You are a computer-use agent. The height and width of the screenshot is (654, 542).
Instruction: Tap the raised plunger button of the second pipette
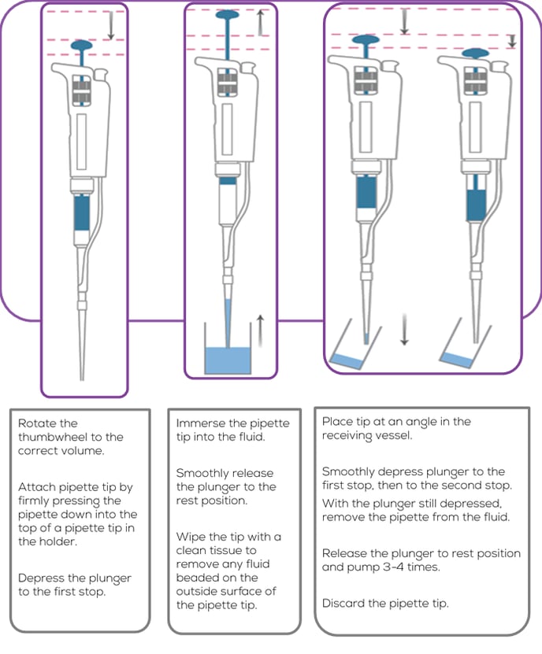[x=227, y=15]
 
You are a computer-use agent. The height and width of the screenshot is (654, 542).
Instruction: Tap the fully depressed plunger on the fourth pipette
[x=476, y=53]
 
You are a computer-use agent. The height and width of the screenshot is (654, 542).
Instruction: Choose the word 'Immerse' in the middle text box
[x=200, y=423]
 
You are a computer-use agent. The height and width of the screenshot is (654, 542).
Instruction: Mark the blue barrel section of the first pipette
[x=81, y=212]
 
